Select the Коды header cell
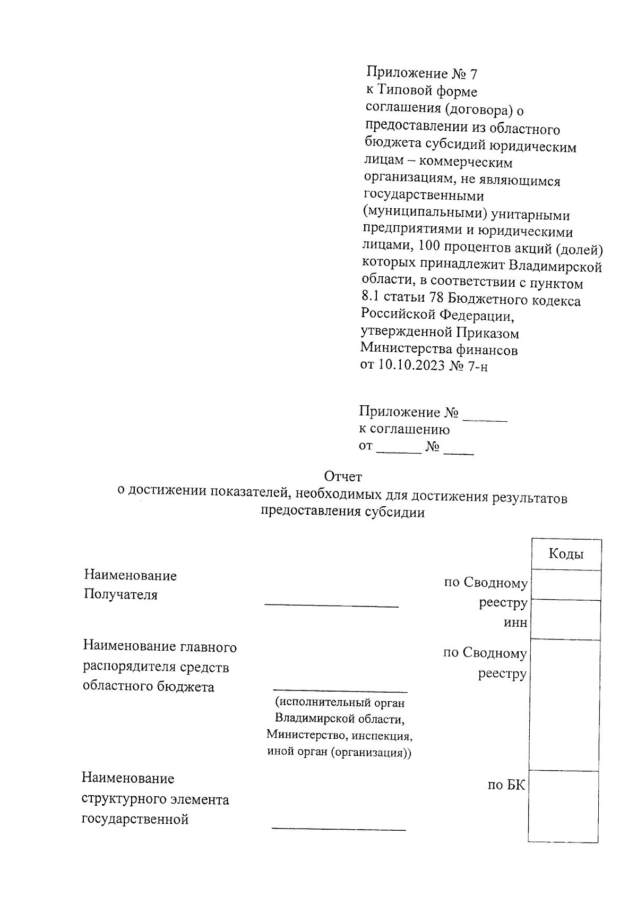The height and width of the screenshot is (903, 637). (x=566, y=554)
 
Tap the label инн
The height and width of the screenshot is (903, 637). (x=515, y=623)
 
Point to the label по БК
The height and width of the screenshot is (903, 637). (x=506, y=785)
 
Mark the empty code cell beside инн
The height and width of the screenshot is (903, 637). (x=566, y=619)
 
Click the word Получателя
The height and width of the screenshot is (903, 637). (x=120, y=594)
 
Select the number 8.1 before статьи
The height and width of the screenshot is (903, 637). (x=371, y=301)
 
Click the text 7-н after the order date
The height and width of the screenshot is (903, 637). (x=476, y=365)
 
